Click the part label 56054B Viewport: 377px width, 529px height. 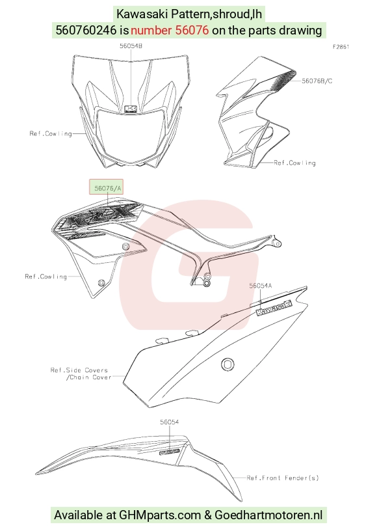coord(131,46)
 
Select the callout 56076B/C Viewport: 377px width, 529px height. coord(317,81)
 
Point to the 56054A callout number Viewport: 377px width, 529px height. coord(261,286)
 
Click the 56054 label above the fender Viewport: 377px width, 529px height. coord(170,422)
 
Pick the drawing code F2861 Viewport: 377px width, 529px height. coord(341,47)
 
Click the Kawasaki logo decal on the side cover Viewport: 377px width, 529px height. coord(274,308)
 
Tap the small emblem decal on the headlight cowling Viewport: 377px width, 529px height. coord(131,109)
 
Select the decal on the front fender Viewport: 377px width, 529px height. coord(170,452)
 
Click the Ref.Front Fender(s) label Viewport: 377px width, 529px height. coord(283,478)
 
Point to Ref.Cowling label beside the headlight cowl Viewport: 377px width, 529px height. coord(51,133)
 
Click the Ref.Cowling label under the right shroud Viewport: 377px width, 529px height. coord(295,163)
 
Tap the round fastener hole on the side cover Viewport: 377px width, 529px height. coord(227,364)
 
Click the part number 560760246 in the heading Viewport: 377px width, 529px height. coord(86,31)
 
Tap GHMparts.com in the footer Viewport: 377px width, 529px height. coord(160,515)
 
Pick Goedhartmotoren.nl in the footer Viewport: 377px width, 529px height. coord(268,515)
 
